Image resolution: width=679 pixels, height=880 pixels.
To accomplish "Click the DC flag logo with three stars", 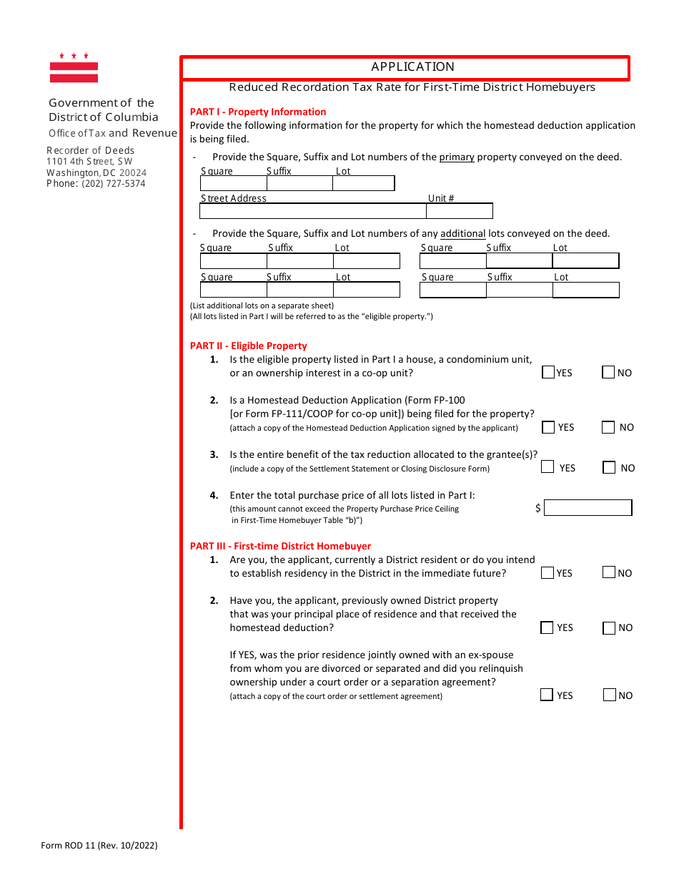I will pos(74,68).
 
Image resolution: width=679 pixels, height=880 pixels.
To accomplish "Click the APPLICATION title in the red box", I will pos(412,67).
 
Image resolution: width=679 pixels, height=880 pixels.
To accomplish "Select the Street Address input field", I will pos(312,212).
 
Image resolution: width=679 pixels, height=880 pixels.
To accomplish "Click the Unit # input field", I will pos(459,212).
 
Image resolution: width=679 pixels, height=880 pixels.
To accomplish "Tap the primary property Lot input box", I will pos(363,184).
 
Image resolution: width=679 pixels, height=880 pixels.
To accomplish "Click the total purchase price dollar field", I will pos(588,508).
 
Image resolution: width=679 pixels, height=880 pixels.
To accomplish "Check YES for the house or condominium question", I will pos(548,372).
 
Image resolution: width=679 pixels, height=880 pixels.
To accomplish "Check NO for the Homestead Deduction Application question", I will pos(608,427).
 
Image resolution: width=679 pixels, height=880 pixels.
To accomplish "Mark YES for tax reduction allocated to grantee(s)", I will pos(547,467).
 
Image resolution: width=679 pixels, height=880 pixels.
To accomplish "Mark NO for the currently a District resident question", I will pos(609,572).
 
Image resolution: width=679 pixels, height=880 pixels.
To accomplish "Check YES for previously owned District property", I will pos(547,627).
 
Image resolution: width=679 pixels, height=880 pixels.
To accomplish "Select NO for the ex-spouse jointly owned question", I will pos(610,695).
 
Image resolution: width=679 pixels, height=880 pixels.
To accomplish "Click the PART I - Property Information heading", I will pos(258,112).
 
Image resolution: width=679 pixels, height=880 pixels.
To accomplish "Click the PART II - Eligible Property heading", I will pos(248,346).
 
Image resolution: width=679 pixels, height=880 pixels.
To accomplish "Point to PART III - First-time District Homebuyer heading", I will pos(280,546).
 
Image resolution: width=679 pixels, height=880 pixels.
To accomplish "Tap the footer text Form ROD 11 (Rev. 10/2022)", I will pos(99,846).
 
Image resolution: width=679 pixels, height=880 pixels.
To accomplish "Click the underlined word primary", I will pos(457,157).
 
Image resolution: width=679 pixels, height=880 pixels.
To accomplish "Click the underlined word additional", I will pos(462,233).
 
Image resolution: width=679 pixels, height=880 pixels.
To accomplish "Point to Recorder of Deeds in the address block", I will pos(90,150).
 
